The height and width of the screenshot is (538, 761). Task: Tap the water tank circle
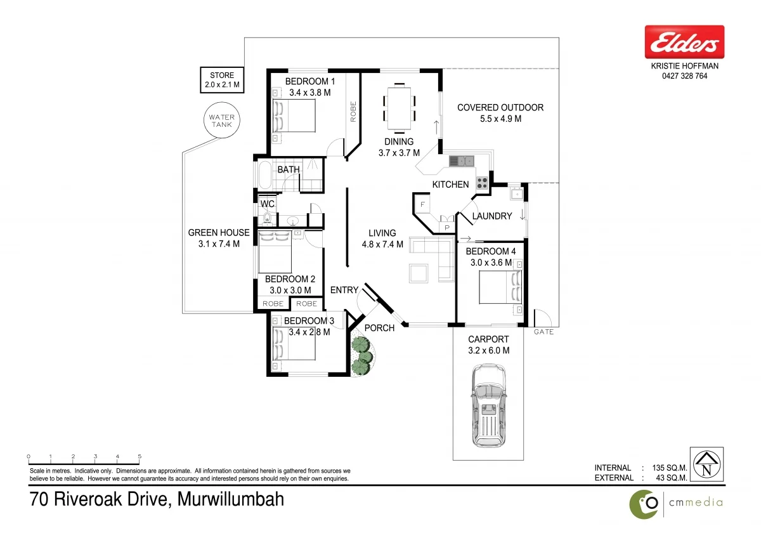pyautogui.click(x=222, y=121)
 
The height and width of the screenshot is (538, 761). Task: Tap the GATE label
pyautogui.click(x=543, y=332)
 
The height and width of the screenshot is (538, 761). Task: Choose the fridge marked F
pyautogui.click(x=421, y=205)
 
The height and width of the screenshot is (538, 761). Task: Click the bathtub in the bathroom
pyautogui.click(x=264, y=176)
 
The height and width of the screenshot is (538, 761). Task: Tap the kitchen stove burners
pyautogui.click(x=482, y=183)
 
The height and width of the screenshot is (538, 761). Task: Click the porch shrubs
pyautogui.click(x=361, y=356)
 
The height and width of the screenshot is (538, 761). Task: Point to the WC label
pyautogui.click(x=268, y=204)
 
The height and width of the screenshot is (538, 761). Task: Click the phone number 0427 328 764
pyautogui.click(x=684, y=76)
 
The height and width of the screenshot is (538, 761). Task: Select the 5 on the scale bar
pyautogui.click(x=140, y=456)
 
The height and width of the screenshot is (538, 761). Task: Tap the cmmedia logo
pyautogui.click(x=675, y=503)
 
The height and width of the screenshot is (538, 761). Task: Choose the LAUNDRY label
pyautogui.click(x=492, y=216)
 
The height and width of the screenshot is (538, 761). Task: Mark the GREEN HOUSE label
pyautogui.click(x=219, y=233)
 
